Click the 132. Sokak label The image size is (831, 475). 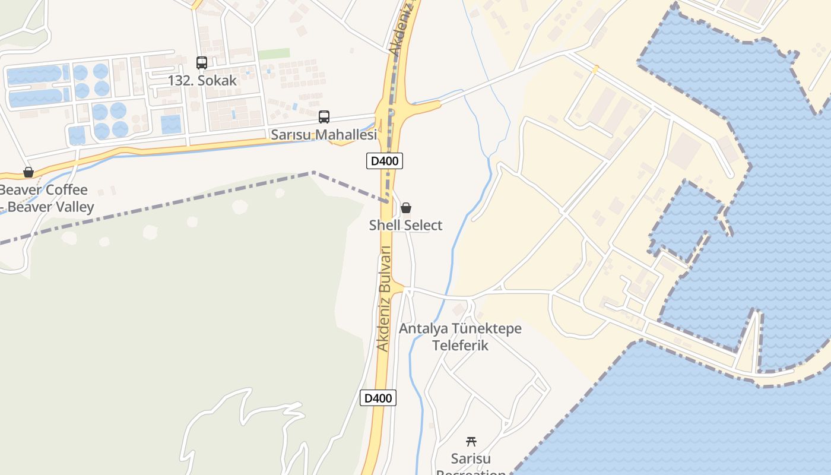202,80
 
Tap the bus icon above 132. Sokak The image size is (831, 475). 202,62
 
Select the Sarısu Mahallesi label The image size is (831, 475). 323,135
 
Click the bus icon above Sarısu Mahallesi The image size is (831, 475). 324,117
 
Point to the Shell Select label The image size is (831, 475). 405,225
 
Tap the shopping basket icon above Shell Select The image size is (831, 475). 406,208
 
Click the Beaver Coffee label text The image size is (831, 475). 44,190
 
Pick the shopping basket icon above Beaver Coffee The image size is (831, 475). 28,172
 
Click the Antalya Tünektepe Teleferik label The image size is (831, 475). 460,337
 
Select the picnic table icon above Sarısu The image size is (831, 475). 471,441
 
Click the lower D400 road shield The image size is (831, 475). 378,398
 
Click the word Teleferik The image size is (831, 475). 460,345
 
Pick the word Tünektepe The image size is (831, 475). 487,328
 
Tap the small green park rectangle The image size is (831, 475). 274,53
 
